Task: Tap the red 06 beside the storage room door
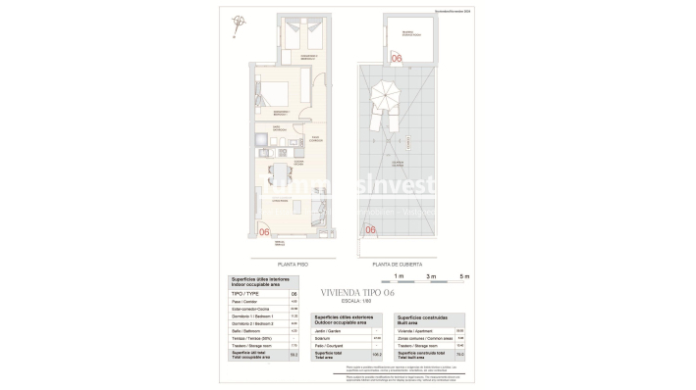(397, 59)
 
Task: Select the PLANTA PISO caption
(294, 264)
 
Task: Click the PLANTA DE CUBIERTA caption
(397, 264)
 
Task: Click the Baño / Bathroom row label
(245, 329)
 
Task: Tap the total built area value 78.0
(460, 355)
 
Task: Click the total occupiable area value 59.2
(294, 355)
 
